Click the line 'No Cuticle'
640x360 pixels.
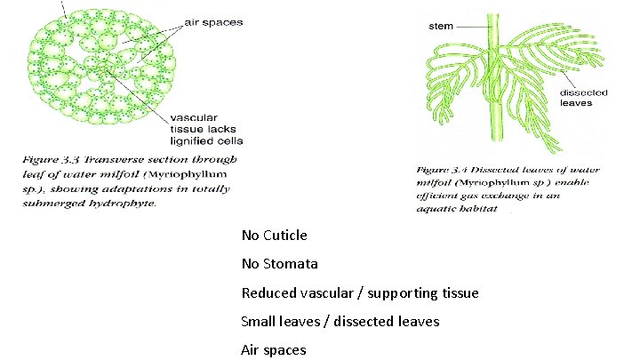[274, 236]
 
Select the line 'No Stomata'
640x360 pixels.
[279, 264]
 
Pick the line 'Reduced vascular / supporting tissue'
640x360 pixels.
[360, 292]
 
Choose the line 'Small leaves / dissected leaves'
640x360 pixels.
[340, 321]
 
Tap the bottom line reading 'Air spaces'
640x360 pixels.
[273, 349]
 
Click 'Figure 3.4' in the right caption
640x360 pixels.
[450, 170]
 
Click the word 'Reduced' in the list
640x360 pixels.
[269, 292]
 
